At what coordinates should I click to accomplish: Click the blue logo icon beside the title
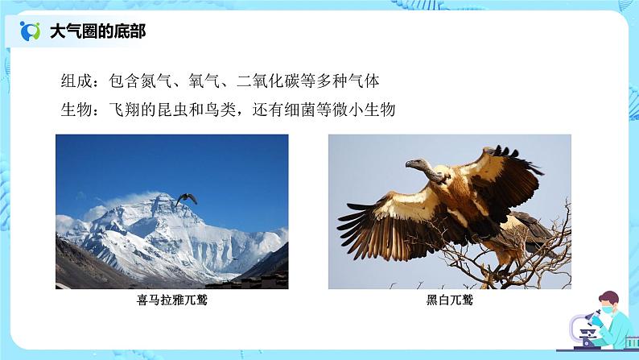coord(30,31)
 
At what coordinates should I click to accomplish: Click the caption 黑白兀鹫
coord(450,302)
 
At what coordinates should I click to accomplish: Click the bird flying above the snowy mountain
coord(186,198)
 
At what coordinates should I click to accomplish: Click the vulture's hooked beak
coord(408,167)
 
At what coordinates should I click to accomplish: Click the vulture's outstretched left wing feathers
coord(378,221)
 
